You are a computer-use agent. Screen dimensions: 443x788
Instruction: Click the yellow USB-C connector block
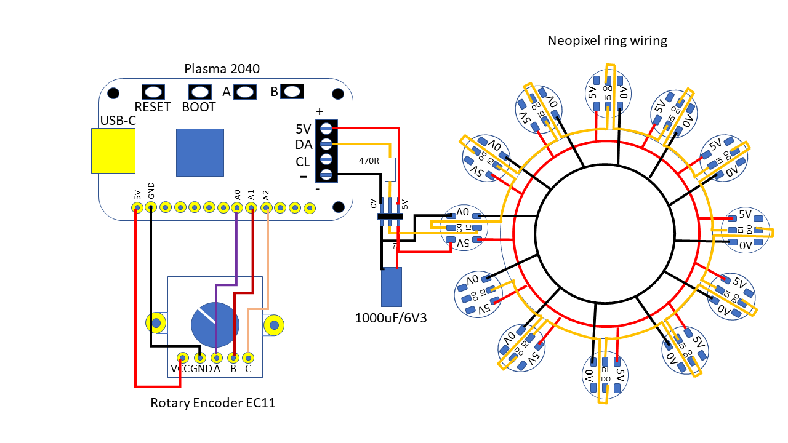[113, 150]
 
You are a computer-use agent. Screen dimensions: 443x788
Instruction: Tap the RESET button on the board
[153, 92]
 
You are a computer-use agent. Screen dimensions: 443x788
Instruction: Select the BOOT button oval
[199, 92]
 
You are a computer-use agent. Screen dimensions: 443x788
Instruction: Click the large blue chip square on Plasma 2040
[200, 152]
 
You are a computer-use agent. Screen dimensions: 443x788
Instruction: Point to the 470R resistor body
[390, 169]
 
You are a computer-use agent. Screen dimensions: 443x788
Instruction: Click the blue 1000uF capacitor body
[391, 288]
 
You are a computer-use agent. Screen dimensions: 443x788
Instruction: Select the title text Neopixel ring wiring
[607, 41]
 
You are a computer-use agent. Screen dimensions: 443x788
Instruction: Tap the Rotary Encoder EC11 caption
[213, 404]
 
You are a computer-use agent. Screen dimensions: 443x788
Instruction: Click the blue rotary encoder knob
[214, 324]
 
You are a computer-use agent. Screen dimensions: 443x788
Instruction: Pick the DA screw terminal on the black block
[326, 145]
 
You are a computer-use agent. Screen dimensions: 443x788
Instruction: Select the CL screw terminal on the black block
[326, 161]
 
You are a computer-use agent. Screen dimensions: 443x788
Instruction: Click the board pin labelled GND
[151, 208]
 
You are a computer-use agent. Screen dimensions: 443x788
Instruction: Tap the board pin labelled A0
[237, 208]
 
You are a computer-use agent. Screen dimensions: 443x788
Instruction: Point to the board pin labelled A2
[266, 208]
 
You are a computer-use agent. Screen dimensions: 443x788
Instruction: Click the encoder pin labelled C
[248, 357]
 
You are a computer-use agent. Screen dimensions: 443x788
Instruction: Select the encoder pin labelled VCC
[182, 357]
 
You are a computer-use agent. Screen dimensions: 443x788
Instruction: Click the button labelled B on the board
[293, 92]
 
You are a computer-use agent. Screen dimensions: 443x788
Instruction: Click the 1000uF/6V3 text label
[391, 318]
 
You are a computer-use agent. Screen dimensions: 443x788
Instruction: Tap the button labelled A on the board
[245, 92]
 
